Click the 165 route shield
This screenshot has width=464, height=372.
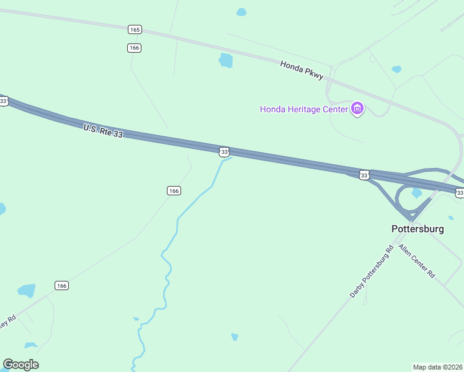(x=135, y=29)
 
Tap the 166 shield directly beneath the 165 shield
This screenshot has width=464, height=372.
(x=134, y=48)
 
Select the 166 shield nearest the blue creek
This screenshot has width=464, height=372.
(x=174, y=191)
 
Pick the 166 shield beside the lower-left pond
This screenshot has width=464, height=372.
(x=61, y=285)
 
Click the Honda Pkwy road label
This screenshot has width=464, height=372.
(x=301, y=69)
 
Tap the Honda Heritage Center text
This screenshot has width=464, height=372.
(x=303, y=110)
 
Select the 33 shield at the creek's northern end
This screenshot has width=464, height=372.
(x=224, y=151)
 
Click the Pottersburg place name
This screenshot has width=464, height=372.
(x=418, y=229)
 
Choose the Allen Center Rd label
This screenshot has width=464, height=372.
(x=417, y=261)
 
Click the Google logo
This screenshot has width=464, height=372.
(x=20, y=364)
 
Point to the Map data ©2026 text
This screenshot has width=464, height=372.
(x=437, y=366)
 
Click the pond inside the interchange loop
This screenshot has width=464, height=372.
(x=417, y=193)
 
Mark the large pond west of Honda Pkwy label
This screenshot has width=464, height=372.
(x=226, y=60)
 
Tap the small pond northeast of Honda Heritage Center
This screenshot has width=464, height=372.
(x=396, y=69)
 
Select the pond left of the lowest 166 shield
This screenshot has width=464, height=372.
(x=27, y=290)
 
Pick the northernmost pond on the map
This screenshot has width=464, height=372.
(x=241, y=12)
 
